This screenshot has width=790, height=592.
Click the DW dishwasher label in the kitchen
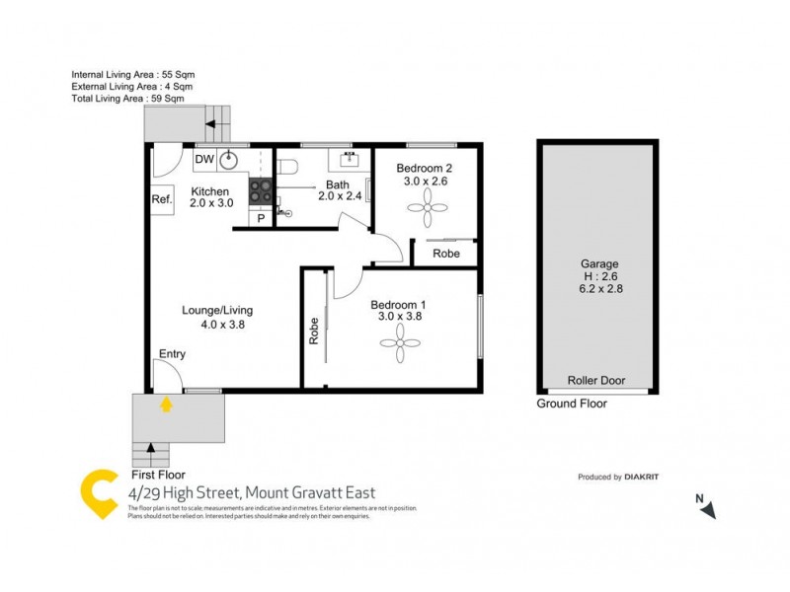pos(204,159)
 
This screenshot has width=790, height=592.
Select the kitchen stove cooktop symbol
pos(261,189)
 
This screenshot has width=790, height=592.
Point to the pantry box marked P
pos(261,219)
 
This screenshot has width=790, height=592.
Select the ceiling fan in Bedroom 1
pos(399,342)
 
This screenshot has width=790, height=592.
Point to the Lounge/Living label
pos(210,310)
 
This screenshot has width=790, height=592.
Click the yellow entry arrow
pos(166,403)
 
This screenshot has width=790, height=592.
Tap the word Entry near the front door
pos(172,353)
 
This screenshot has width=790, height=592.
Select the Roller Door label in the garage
pos(596,380)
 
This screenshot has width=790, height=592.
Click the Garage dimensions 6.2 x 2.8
pos(599,289)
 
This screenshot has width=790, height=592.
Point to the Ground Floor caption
pos(572,404)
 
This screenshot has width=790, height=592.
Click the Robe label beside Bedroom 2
pos(448,253)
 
